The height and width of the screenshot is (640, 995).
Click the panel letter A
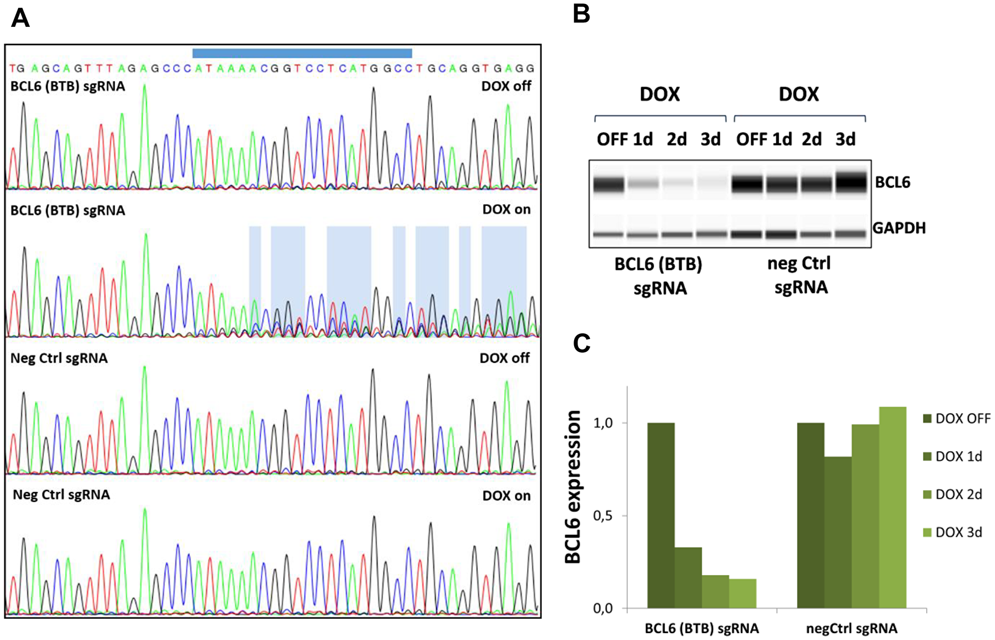(x=20, y=18)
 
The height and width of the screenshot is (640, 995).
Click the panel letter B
(x=581, y=13)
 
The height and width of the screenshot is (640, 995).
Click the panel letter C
(x=582, y=343)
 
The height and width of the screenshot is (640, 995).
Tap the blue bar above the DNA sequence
(x=302, y=53)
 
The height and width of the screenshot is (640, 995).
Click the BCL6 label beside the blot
(x=893, y=182)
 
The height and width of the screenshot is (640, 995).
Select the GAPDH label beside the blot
(x=899, y=228)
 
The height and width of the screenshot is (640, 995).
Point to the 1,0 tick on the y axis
(x=602, y=423)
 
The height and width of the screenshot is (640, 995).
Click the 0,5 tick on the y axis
(x=602, y=516)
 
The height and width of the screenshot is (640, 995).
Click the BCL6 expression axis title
(x=573, y=487)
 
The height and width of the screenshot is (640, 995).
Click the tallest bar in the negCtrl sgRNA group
(x=893, y=508)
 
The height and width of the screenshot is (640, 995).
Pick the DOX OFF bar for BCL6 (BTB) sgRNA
(x=661, y=515)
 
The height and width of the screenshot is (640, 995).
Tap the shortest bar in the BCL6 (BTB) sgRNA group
(x=743, y=593)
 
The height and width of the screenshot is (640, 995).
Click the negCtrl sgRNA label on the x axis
(x=852, y=629)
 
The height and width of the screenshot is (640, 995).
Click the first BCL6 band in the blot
(x=608, y=184)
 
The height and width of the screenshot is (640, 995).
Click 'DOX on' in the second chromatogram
(x=506, y=210)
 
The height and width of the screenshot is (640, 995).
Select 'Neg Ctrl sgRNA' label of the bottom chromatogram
(x=61, y=495)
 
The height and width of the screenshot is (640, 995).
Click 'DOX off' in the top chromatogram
(x=506, y=86)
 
